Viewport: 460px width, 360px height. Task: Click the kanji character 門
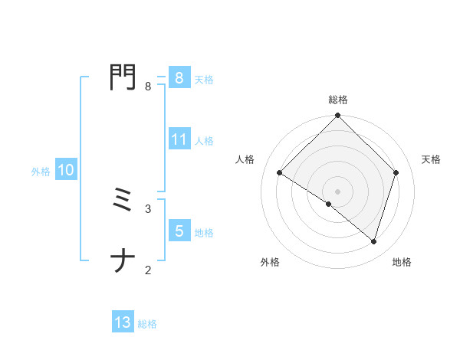(123, 77)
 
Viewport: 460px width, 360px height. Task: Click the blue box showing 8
(179, 77)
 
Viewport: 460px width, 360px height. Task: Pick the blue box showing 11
(179, 139)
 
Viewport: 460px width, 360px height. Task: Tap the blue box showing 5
(179, 231)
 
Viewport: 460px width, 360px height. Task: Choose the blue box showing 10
(66, 171)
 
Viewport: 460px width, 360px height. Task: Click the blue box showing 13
(123, 322)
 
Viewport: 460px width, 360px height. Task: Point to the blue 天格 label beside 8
(204, 79)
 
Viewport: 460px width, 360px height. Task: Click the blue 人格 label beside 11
(204, 141)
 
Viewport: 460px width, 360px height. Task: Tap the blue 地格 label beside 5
(204, 233)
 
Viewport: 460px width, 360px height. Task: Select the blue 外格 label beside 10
(41, 172)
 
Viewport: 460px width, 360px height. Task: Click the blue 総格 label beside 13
(147, 324)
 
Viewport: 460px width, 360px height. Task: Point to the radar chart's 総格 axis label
(338, 100)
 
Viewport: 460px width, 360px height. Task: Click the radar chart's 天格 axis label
(431, 159)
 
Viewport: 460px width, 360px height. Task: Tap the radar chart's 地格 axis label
(402, 262)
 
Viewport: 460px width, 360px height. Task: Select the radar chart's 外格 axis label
(270, 262)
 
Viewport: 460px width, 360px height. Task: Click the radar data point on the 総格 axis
(338, 116)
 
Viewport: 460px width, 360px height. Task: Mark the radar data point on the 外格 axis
(329, 204)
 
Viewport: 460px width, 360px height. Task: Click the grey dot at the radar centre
(338, 191)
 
